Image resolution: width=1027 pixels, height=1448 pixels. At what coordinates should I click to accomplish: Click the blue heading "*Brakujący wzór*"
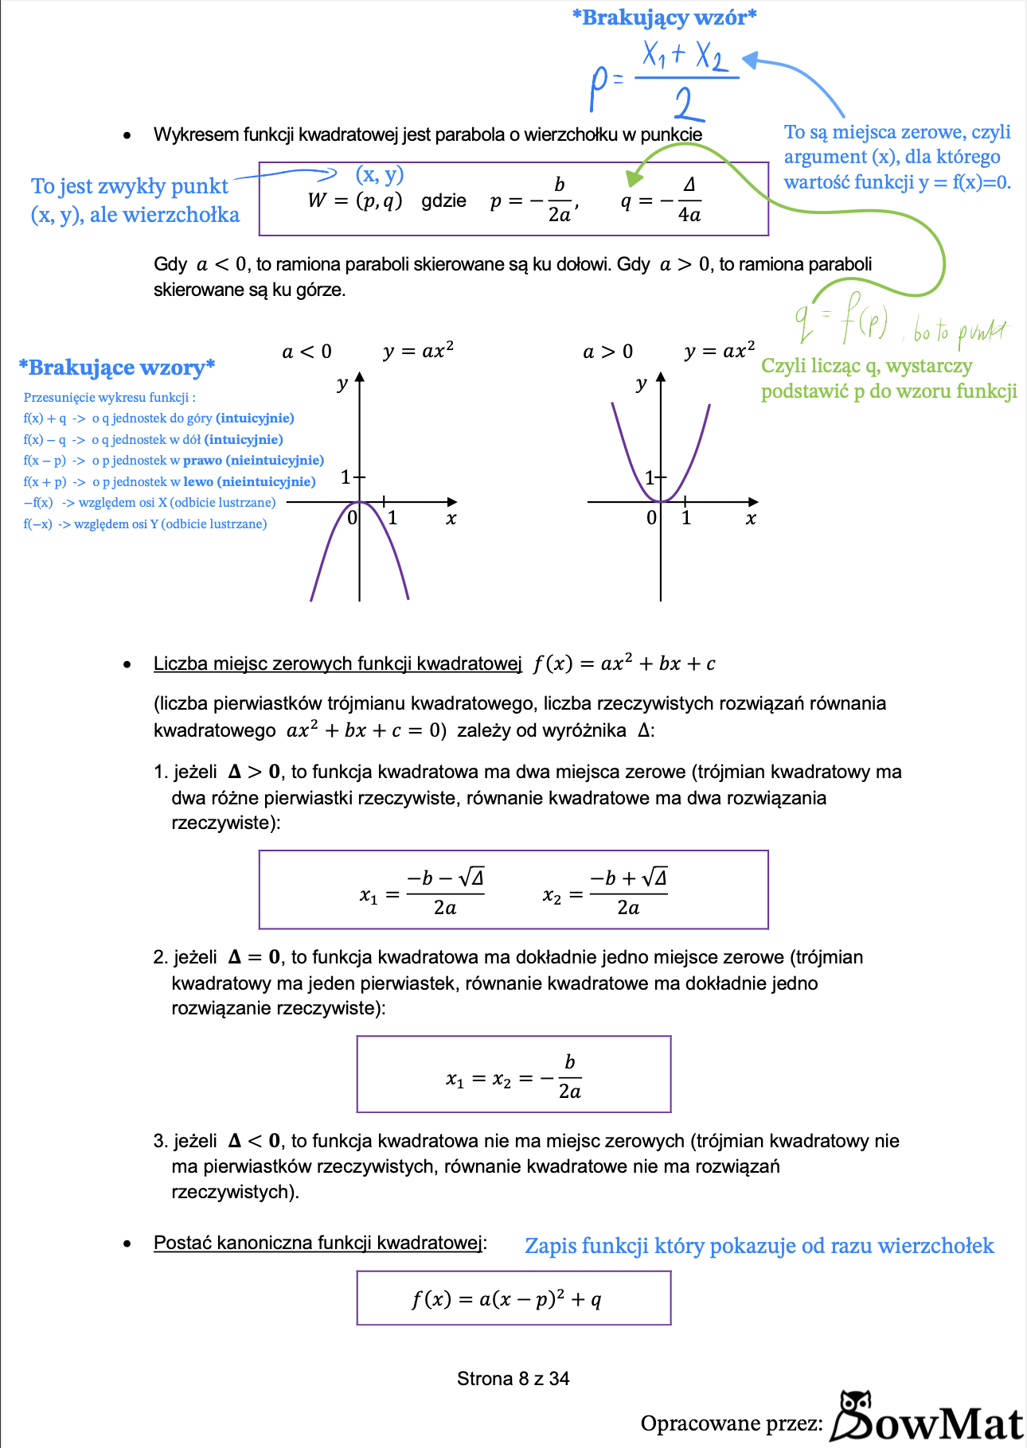point(665,18)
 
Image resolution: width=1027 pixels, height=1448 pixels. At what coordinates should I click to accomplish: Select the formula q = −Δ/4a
point(661,200)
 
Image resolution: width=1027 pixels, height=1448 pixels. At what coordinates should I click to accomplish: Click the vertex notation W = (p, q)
point(355,200)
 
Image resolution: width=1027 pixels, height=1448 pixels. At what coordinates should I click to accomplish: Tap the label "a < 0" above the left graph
point(307,352)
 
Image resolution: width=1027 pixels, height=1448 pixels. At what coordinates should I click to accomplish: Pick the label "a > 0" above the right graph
point(608,352)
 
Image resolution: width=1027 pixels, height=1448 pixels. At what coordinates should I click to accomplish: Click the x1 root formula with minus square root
point(423,892)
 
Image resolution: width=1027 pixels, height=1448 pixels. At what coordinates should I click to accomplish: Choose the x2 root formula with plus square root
point(606,892)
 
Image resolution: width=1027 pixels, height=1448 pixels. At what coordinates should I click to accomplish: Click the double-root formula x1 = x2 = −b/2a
point(513,1077)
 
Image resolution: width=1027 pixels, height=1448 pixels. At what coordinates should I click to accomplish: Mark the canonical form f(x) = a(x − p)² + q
point(507,1299)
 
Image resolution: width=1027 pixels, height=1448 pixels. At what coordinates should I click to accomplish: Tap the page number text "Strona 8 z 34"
point(513,1379)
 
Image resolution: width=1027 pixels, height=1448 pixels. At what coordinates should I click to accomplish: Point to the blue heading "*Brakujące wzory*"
point(117,368)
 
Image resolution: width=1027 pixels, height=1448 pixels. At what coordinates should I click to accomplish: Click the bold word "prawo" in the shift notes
point(202,461)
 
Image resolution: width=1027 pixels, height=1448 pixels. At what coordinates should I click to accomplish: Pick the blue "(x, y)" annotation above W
point(380,174)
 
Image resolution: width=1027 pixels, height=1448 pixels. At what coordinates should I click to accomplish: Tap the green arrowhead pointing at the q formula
point(635,177)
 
